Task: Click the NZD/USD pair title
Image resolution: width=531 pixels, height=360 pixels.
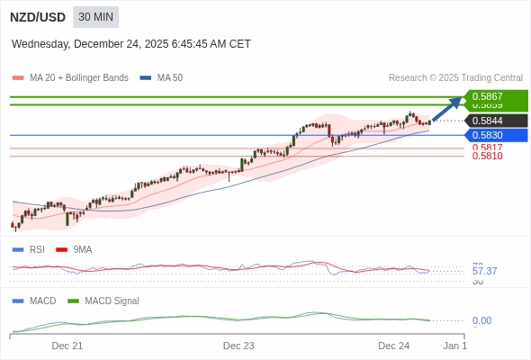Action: tap(38, 17)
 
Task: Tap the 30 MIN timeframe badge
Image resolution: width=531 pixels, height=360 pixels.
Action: tap(95, 17)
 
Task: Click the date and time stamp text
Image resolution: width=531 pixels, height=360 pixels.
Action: tap(131, 44)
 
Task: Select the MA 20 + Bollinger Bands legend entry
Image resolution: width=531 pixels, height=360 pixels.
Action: tap(71, 78)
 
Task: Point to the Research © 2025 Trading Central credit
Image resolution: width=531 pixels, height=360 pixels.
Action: tap(455, 78)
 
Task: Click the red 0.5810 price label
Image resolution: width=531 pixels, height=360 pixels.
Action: tap(487, 157)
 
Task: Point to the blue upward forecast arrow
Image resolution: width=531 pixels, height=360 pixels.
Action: tap(447, 108)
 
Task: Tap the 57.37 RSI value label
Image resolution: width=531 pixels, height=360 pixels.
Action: tap(484, 271)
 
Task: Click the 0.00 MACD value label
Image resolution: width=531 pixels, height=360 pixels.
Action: tap(481, 320)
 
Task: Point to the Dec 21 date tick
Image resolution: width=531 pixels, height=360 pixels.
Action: tap(67, 346)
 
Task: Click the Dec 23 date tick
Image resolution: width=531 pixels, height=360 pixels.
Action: tap(238, 346)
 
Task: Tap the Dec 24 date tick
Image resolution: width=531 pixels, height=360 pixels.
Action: tap(393, 346)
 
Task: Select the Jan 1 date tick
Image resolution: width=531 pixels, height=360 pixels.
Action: tap(454, 346)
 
